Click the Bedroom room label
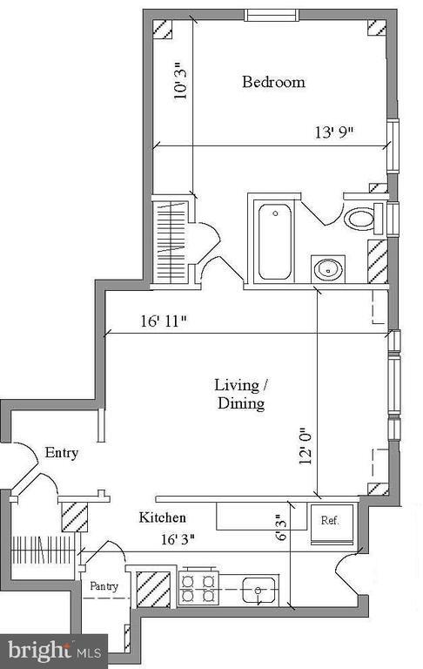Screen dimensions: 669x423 pos(273,82)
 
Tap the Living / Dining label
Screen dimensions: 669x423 pos(239,394)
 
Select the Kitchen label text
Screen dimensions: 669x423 pos(163,517)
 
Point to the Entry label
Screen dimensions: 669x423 pos(62,453)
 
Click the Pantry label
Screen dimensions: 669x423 pos(104,586)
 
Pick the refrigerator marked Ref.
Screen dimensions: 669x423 pos(330,522)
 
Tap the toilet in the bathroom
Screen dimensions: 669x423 pos(360,218)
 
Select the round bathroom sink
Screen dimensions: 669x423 pos(329,268)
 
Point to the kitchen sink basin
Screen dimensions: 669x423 pos(259,590)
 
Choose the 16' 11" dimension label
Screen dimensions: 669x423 pos(164,321)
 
